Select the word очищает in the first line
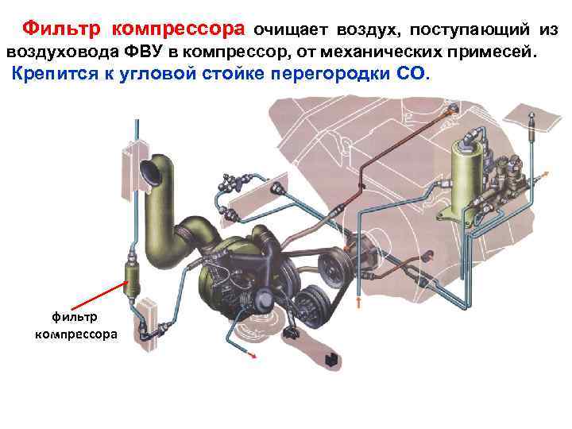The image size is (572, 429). [291, 30]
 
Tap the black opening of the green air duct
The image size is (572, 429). [148, 169]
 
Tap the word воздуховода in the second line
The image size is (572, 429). [58, 52]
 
